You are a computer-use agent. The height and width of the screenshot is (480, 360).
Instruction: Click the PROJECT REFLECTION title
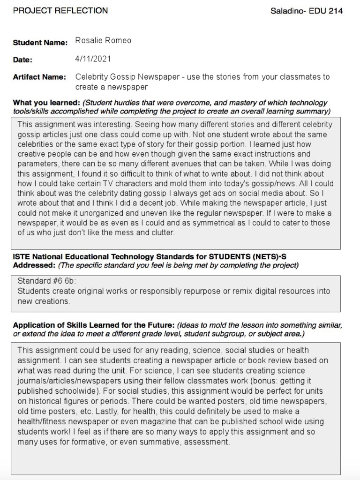[60, 10]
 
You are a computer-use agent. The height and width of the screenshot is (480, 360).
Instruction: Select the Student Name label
[40, 43]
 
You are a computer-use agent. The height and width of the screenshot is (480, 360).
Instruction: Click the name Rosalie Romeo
[103, 41]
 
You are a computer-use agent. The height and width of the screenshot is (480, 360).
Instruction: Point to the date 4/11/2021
[93, 59]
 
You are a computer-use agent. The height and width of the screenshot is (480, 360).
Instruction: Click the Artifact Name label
[39, 77]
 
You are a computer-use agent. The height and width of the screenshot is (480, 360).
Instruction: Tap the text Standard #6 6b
[46, 281]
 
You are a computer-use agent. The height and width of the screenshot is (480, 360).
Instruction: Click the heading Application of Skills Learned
[93, 325]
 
